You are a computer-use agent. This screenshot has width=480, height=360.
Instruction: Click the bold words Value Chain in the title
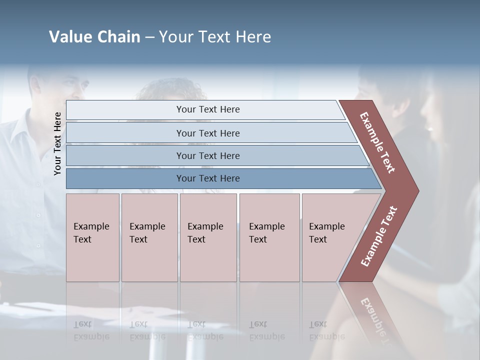(x=94, y=37)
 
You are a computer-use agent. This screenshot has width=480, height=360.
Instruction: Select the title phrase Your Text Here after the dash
(x=215, y=37)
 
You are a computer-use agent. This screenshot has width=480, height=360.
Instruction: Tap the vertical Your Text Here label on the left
(x=57, y=143)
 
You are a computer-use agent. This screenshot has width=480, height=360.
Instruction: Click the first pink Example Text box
(x=92, y=237)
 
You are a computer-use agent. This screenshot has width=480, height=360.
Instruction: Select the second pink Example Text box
(x=149, y=237)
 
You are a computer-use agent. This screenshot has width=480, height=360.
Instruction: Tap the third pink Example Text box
(x=208, y=237)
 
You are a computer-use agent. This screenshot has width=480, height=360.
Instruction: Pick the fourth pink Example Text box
(x=269, y=237)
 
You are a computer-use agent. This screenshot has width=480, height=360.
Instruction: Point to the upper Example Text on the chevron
(x=377, y=142)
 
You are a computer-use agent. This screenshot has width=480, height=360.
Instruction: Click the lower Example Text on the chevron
(x=379, y=236)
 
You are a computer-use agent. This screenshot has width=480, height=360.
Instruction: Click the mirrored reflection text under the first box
(x=91, y=330)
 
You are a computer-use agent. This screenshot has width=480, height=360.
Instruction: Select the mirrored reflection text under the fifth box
(x=326, y=330)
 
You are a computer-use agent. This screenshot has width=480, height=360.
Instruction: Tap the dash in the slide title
(x=149, y=37)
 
